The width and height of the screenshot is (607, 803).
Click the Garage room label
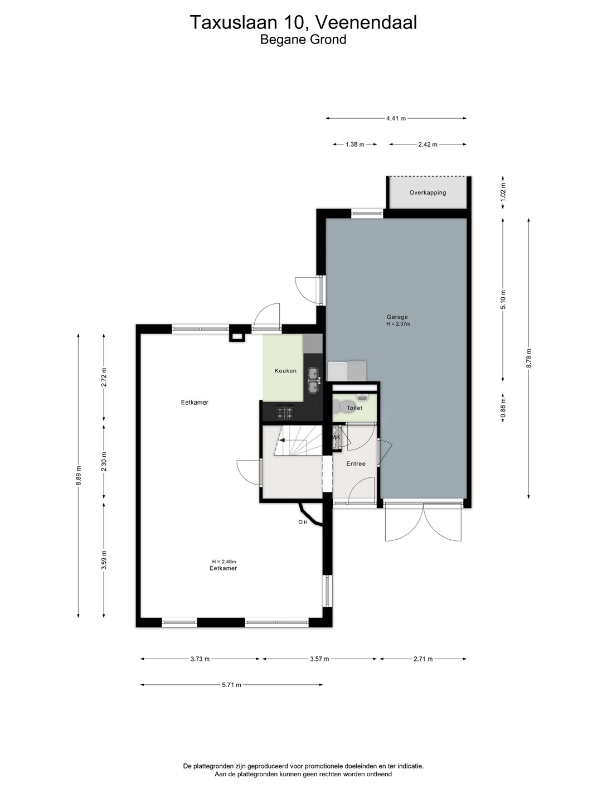pos(397,317)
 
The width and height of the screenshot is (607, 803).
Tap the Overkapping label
pos(428,192)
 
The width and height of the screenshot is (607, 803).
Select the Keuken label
pos(285,371)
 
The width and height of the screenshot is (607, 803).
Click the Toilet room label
pos(355,408)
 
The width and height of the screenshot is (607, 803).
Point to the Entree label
pos(356,463)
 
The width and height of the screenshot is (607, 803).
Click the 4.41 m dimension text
pos(396,118)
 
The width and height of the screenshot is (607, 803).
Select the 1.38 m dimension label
pos(355,144)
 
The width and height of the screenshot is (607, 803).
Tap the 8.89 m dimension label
pos(78,476)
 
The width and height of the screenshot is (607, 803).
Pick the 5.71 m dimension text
pos(231,684)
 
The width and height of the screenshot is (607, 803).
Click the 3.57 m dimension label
pos(319,659)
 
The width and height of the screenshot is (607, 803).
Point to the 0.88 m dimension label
pos(503,408)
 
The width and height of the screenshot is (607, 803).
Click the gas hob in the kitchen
pos(284,412)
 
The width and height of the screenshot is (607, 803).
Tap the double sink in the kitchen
pos(313,380)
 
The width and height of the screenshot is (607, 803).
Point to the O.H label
pos(303,522)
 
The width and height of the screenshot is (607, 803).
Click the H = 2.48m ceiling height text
pos(224,562)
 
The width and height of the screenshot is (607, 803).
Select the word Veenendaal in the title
pos(366,22)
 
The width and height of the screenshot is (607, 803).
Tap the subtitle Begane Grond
pos(303,40)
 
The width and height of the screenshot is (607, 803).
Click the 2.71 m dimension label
pos(423,659)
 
